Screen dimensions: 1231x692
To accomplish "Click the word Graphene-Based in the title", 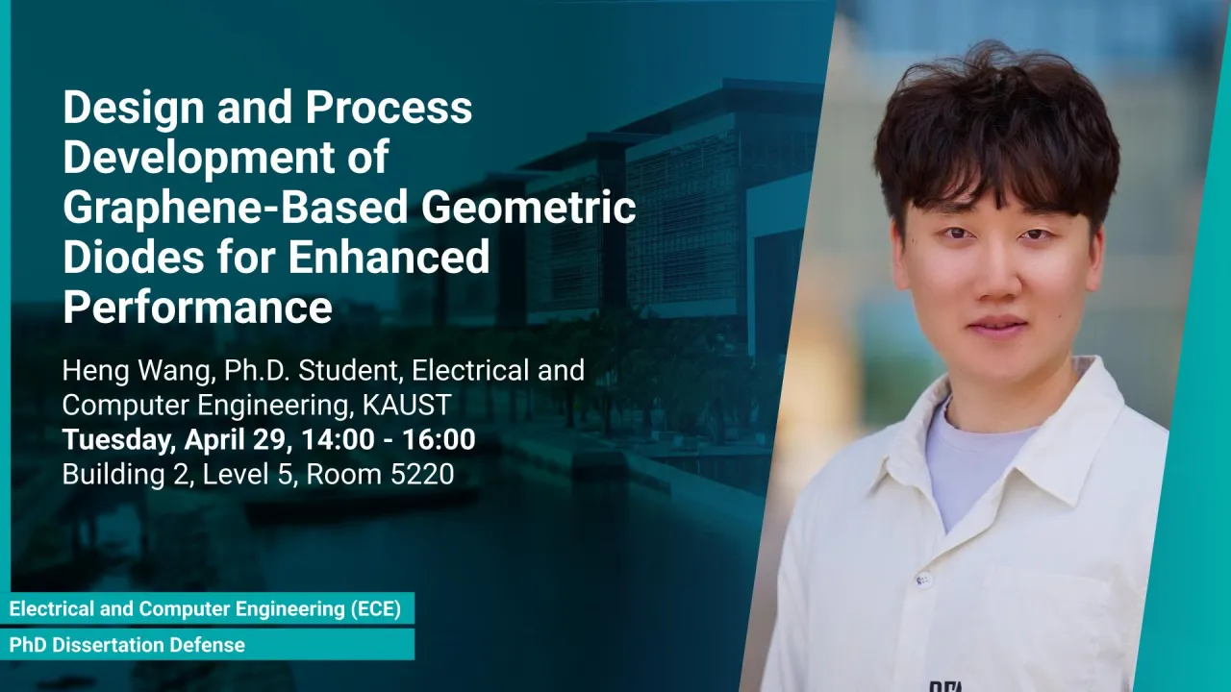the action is pos(236,209).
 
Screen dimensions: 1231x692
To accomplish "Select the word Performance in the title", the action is pos(198,308).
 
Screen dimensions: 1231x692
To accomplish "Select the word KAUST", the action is pos(407,405).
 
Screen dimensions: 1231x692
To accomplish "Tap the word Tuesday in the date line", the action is pos(118,440).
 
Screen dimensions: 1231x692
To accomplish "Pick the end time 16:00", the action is pos(439,439).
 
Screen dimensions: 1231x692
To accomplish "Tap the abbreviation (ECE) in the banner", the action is pos(376,608).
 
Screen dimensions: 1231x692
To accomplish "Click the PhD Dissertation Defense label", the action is pos(127,645).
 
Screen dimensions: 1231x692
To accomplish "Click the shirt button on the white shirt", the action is pos(922,579).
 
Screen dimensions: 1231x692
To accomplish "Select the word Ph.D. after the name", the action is pos(256,371).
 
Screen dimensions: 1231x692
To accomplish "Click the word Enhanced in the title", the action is pos(389,257).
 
